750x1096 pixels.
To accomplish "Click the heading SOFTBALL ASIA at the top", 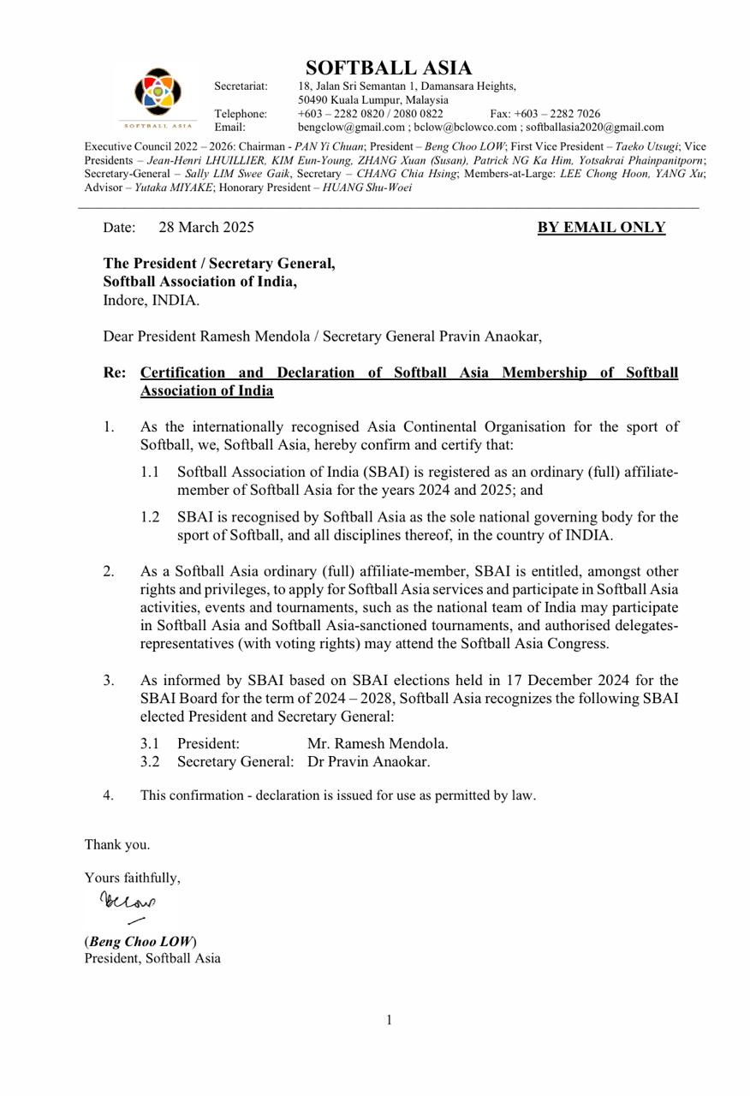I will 389,68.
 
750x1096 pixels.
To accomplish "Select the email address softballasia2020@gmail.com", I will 594,127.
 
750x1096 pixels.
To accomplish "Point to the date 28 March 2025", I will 206,227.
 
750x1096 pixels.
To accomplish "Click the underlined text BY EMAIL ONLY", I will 601,227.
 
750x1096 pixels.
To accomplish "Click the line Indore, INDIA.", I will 152,300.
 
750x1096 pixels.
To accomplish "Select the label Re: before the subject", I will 115,372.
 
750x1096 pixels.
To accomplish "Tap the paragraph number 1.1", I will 150,472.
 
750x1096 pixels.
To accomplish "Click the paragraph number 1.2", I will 150,517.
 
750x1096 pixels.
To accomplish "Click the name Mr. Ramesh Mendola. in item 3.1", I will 378,743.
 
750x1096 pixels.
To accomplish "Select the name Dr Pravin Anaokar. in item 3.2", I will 369,761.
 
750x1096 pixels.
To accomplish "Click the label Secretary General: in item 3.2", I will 235,761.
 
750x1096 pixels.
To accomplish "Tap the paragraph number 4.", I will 108,795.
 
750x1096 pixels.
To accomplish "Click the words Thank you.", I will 117,844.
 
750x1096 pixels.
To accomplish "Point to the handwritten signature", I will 128,904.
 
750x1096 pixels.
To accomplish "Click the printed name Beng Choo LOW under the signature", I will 140,941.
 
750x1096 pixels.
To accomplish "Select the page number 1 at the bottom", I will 389,1020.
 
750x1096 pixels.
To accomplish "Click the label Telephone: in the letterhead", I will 241,114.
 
